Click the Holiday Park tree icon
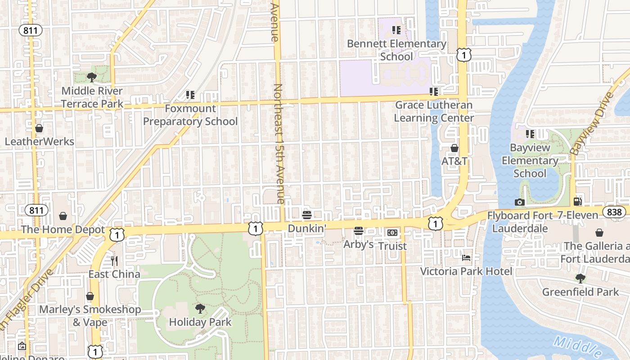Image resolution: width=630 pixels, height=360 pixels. pyautogui.click(x=200, y=308)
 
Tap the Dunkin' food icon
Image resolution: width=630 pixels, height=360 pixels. pyautogui.click(x=307, y=215)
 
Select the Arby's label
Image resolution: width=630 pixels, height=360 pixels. pyautogui.click(x=359, y=244)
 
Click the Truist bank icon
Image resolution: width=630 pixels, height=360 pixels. pyautogui.click(x=392, y=233)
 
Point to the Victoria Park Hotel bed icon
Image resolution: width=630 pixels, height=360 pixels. pyautogui.click(x=466, y=258)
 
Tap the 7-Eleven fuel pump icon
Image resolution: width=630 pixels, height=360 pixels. pyautogui.click(x=578, y=202)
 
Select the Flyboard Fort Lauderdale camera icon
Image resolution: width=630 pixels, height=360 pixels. pyautogui.click(x=520, y=202)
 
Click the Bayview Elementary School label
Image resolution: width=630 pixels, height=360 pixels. pyautogui.click(x=530, y=161)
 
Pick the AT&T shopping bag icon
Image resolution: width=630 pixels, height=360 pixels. pyautogui.click(x=454, y=148)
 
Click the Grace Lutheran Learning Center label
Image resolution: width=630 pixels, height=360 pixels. pyautogui.click(x=434, y=112)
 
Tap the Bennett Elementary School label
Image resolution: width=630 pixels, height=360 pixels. pyautogui.click(x=396, y=50)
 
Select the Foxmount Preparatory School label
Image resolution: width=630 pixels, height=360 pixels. pyautogui.click(x=190, y=115)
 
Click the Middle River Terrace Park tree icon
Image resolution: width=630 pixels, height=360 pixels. pyautogui.click(x=92, y=77)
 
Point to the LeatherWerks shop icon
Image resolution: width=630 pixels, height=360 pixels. pyautogui.click(x=39, y=128)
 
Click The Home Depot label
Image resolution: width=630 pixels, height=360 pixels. pyautogui.click(x=63, y=229)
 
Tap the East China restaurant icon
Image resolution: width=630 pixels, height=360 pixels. pyautogui.click(x=114, y=261)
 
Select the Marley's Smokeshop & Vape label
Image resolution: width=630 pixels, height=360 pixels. pyautogui.click(x=90, y=316)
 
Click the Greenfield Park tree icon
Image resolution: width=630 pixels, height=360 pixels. pyautogui.click(x=580, y=279)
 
